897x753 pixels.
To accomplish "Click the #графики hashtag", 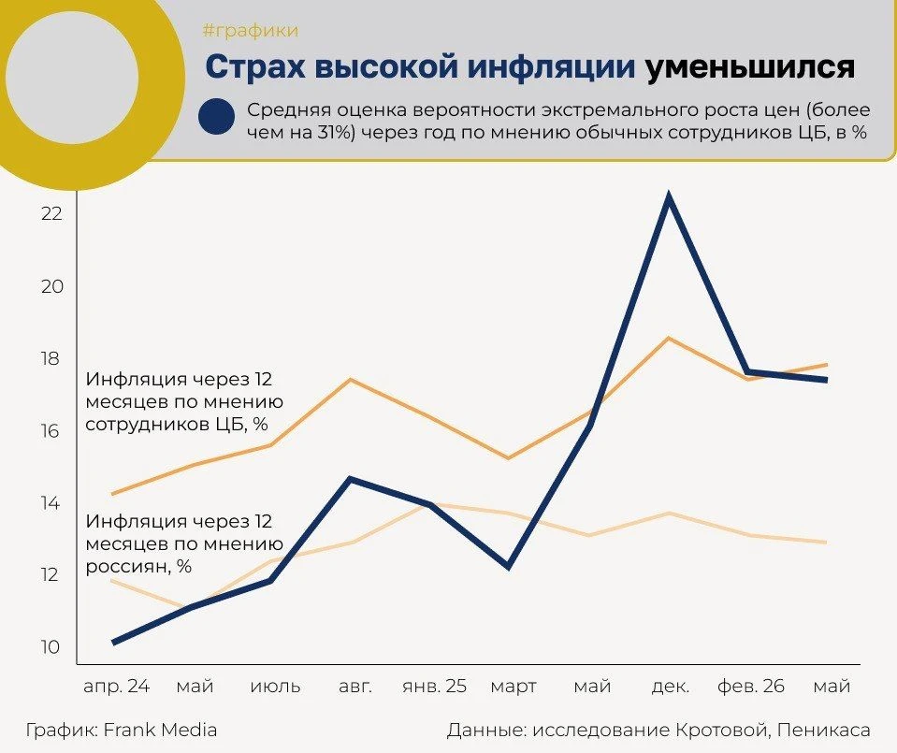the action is click(x=251, y=30).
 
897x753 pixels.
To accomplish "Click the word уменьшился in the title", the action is click(x=750, y=67).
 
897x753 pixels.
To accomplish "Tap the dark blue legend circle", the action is click(x=216, y=116).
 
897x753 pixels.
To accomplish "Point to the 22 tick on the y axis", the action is click(x=51, y=213).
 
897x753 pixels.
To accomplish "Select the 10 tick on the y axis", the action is click(x=51, y=647).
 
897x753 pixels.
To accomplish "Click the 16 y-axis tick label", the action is click(x=51, y=431).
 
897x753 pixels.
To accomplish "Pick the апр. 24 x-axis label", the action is click(x=117, y=686).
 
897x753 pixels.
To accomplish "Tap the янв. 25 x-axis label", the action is click(x=435, y=686).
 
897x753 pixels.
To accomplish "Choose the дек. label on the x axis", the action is click(x=671, y=686).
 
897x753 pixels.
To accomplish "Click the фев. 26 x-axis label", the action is click(x=751, y=686).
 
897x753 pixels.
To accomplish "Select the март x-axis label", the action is click(x=514, y=687).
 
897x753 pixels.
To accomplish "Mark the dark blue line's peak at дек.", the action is click(x=668, y=196).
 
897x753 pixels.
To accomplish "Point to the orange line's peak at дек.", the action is click(x=668, y=338).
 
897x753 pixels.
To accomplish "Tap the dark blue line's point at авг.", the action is click(x=350, y=478).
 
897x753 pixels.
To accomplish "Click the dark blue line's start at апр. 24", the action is click(x=114, y=643).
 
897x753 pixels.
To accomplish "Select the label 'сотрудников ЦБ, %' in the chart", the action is click(x=177, y=425).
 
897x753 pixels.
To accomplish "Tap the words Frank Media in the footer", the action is click(x=160, y=731).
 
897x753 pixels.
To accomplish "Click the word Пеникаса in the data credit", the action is click(x=824, y=731).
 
